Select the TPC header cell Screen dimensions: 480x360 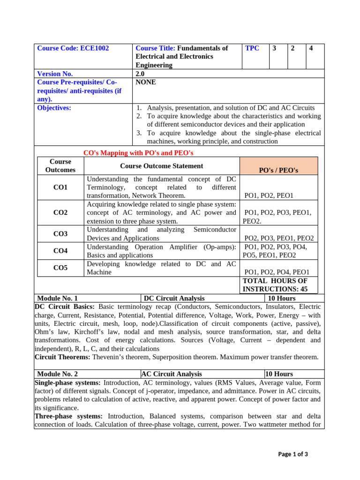coord(252,48)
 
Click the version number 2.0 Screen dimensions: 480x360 coord(140,74)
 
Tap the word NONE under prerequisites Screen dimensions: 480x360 coord(146,82)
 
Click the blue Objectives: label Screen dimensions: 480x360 coord(54,108)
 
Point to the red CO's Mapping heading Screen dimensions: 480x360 coord(138,153)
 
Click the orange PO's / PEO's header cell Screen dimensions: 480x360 coord(278,170)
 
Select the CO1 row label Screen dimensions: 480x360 coord(60,187)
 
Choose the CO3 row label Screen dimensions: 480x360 coord(60,234)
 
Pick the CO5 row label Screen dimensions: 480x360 coord(60,268)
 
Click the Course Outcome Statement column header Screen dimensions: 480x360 coord(162,166)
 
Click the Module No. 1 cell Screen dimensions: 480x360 coord(57,298)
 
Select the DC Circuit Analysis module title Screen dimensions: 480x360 coord(174,298)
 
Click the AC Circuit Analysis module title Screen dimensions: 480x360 coord(172,374)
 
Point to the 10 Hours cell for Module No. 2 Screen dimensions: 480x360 coord(279,374)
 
